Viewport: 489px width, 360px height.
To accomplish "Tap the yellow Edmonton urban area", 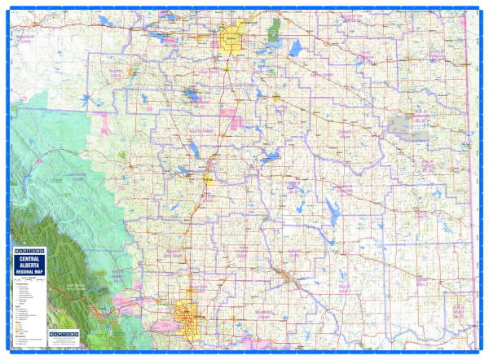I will coord(231,38).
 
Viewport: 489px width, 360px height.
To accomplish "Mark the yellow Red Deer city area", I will coord(208,178).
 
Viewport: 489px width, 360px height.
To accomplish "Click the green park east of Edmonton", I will coord(274,30).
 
